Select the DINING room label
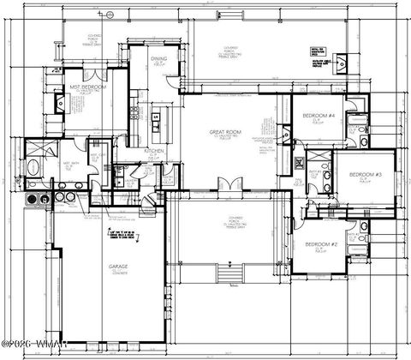click(x=159, y=60)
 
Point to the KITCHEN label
click(x=153, y=151)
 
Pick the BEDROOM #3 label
click(x=364, y=176)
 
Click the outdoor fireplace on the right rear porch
click(x=342, y=60)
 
